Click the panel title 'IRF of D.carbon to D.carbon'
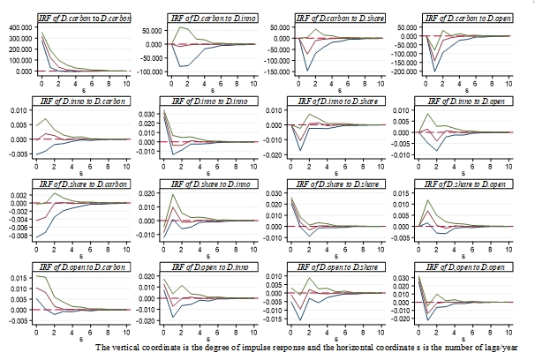click(x=85, y=18)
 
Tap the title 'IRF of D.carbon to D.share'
click(x=339, y=18)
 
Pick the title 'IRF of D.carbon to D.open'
click(x=465, y=18)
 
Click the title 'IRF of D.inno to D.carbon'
click(x=85, y=101)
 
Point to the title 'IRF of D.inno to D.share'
click(x=339, y=101)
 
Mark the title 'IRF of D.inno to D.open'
click(x=465, y=101)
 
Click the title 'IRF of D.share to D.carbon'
click(x=85, y=184)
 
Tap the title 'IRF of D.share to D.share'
click(x=339, y=184)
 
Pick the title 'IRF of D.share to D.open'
click(x=465, y=184)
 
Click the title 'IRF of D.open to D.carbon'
click(x=85, y=266)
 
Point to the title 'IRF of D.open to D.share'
click(x=339, y=266)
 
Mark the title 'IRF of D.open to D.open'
click(x=465, y=266)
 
